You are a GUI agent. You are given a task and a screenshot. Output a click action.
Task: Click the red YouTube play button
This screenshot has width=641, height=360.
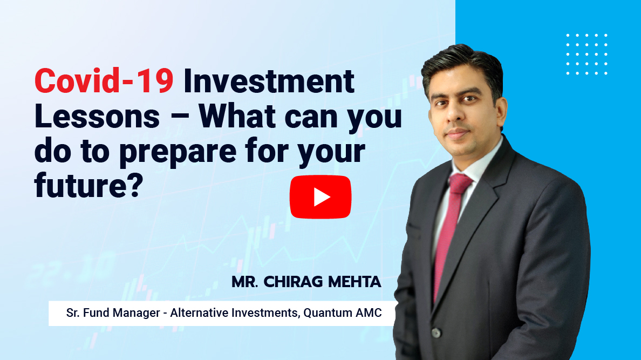[x=320, y=197]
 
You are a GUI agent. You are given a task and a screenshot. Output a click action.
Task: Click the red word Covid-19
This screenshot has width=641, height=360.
[x=104, y=81]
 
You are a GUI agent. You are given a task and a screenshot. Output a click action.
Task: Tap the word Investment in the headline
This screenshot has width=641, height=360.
[x=269, y=81]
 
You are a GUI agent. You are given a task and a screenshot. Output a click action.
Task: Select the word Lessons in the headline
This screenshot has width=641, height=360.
[x=97, y=117]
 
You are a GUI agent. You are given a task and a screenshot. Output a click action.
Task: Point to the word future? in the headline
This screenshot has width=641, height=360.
[x=88, y=185]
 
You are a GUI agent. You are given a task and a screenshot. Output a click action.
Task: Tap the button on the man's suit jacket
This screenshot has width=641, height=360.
[x=437, y=333]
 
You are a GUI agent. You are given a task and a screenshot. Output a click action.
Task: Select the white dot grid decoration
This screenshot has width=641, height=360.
[x=587, y=55]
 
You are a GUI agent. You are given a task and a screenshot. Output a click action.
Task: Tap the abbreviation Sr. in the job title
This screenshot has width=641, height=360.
[x=73, y=313]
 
